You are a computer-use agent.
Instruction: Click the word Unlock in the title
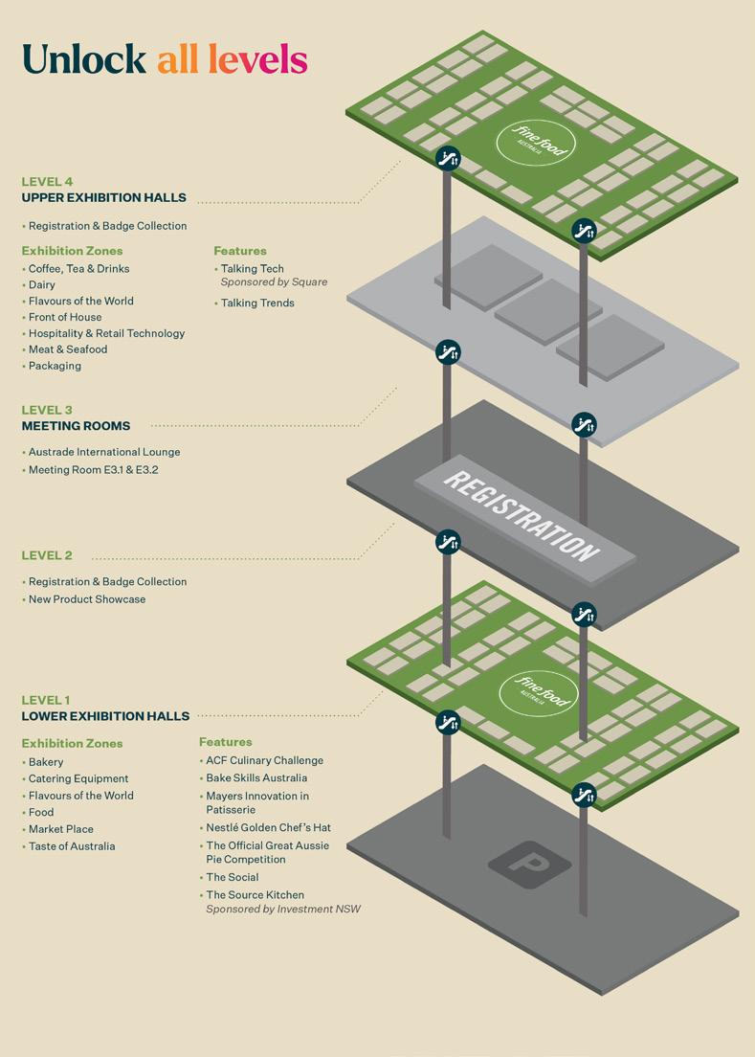(83, 59)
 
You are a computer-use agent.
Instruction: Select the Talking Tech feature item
(253, 269)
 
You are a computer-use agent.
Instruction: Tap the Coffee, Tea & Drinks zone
(78, 269)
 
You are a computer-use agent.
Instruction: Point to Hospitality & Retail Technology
(106, 333)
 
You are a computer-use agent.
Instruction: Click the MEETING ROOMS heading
(76, 426)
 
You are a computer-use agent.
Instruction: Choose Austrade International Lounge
(104, 452)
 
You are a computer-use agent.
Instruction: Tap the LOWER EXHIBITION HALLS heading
(105, 716)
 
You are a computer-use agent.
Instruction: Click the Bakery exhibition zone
(46, 762)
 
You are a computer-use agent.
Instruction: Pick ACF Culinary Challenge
(264, 760)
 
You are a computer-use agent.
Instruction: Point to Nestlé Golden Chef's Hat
(268, 827)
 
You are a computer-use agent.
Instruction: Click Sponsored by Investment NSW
(283, 909)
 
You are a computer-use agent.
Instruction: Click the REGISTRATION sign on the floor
(523, 517)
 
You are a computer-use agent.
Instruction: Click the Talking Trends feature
(257, 304)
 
